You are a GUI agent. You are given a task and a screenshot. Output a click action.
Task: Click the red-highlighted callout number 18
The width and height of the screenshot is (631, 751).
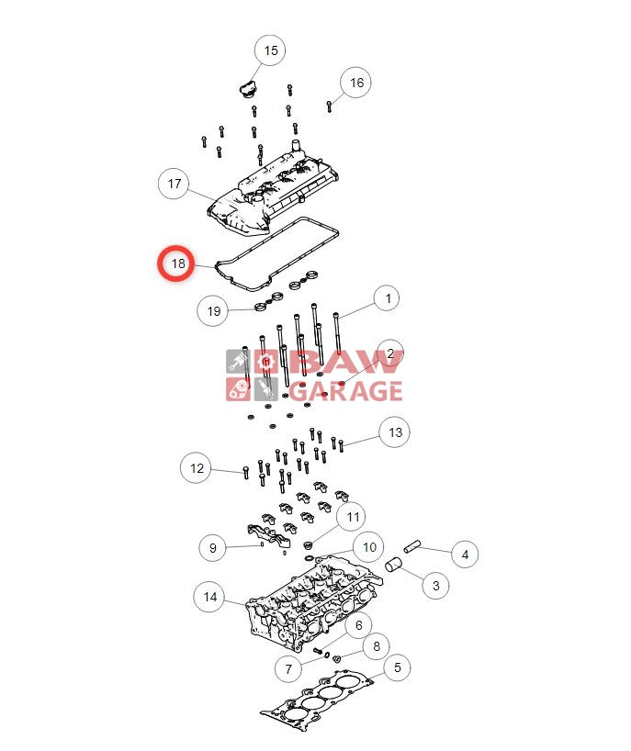click(x=176, y=263)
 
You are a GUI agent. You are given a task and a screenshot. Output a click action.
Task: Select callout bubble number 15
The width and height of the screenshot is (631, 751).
click(x=270, y=50)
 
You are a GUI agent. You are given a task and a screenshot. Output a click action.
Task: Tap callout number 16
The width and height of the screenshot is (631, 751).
click(x=356, y=83)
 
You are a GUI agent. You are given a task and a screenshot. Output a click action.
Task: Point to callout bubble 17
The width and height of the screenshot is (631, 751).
click(x=174, y=184)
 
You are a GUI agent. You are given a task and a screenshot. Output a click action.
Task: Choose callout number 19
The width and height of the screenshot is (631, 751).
click(x=213, y=311)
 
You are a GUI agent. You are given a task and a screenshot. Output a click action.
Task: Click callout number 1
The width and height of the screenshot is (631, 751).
click(x=388, y=298)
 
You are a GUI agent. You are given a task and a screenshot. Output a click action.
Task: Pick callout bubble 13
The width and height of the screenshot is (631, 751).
click(x=395, y=432)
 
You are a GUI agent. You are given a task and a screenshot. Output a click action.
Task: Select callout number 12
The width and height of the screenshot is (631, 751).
click(x=197, y=468)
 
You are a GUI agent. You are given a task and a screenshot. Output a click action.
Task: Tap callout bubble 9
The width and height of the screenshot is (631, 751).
click(x=213, y=547)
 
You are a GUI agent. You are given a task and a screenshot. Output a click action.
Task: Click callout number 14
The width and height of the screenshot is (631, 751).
click(x=209, y=597)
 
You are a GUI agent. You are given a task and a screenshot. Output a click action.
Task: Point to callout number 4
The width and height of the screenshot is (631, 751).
click(x=465, y=555)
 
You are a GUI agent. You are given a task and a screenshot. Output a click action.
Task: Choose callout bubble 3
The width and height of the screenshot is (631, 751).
click(x=435, y=585)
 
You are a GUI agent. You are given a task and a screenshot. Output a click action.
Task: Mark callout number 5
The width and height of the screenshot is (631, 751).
click(x=397, y=667)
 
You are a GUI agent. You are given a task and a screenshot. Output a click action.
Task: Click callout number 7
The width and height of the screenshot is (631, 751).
click(x=288, y=668)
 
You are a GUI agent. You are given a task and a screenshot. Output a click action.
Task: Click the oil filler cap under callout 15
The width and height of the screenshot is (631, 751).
click(x=247, y=90)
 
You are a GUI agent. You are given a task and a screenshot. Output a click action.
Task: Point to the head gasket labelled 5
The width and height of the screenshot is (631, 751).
click(x=317, y=701)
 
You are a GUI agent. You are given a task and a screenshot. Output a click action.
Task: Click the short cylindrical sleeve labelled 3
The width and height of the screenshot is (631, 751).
click(x=394, y=565)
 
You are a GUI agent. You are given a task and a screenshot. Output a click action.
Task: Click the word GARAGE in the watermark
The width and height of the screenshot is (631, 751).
click(x=346, y=390)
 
